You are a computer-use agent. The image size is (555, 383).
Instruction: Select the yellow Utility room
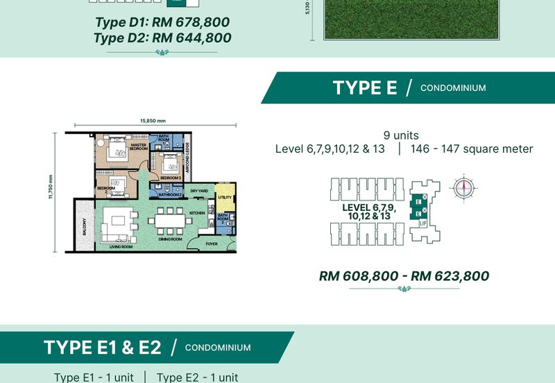pos(224,198)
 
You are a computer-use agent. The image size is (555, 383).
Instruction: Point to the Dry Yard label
pos(200,191)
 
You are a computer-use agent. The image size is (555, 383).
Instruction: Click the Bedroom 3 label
pos(170,178)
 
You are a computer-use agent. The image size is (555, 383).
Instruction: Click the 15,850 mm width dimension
pos(152,121)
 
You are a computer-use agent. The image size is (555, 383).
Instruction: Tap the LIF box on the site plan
pos(422,223)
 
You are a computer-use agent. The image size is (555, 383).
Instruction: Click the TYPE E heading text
pos(364,88)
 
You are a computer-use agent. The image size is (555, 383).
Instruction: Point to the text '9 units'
pos(401,135)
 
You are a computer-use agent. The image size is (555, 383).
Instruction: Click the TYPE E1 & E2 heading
pos(103,348)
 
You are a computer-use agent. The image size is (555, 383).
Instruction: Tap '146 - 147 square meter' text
pos(472,149)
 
